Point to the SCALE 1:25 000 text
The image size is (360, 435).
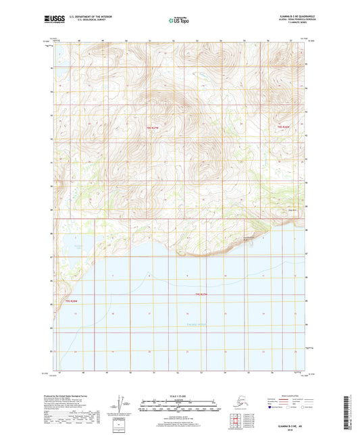pyautogui.click(x=179, y=396)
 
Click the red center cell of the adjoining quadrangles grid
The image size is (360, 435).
pyautogui.click(x=238, y=422)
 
